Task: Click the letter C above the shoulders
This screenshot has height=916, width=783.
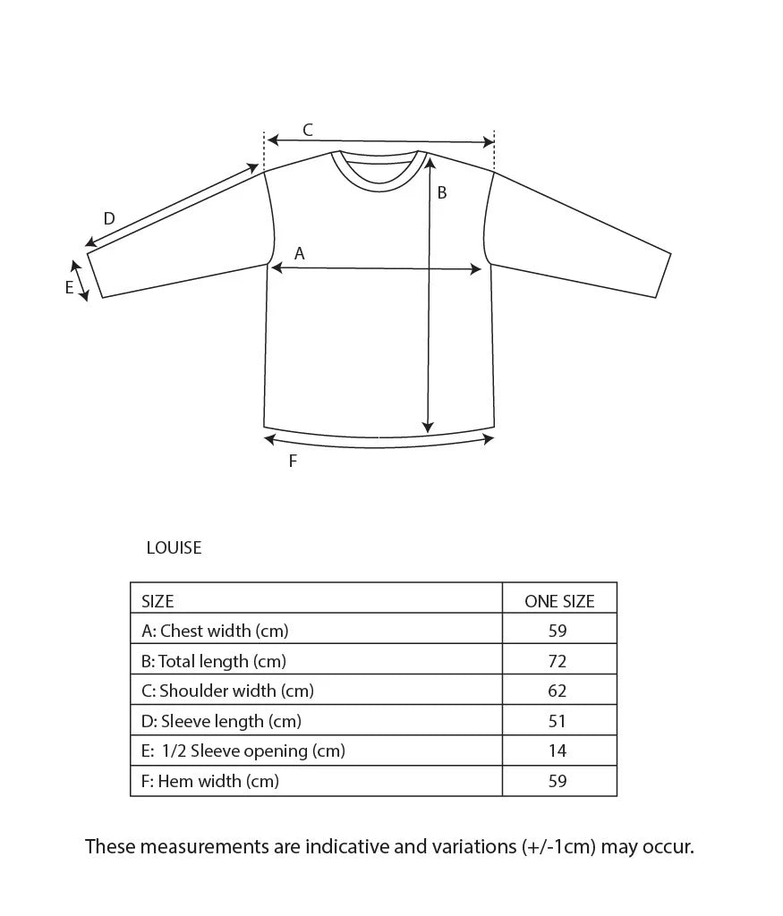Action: click(307, 131)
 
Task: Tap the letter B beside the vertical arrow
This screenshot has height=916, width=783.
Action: click(441, 192)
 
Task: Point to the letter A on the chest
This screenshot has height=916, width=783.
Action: click(300, 254)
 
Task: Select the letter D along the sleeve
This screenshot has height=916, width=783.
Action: click(109, 219)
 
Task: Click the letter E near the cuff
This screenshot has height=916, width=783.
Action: click(69, 288)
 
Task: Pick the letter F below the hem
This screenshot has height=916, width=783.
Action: click(293, 462)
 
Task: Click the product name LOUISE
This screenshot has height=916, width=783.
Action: click(174, 547)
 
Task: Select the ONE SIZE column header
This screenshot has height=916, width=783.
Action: click(559, 601)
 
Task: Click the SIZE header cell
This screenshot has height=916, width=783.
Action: click(157, 601)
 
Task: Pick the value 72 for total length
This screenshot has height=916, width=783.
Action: click(557, 661)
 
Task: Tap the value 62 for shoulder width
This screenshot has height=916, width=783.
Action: click(557, 691)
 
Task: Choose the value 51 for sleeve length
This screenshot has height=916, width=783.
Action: click(557, 721)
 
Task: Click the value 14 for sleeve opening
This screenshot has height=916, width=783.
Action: click(557, 751)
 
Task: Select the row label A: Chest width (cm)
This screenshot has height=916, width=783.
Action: click(215, 631)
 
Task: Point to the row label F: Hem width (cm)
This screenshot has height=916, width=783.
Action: click(210, 781)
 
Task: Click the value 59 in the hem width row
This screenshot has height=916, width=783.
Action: click(557, 781)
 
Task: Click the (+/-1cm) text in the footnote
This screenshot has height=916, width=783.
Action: click(559, 846)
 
